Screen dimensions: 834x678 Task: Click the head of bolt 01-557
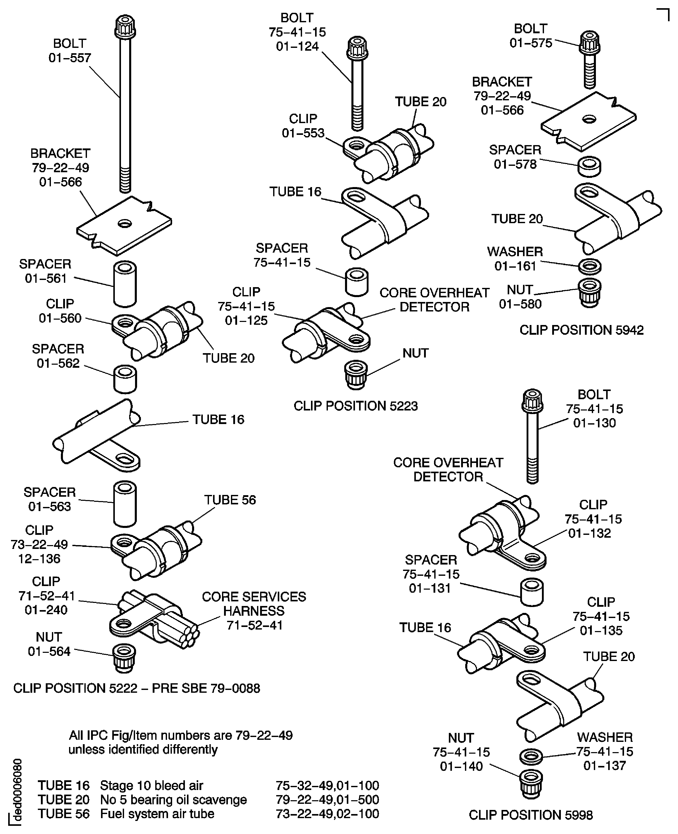coord(125,27)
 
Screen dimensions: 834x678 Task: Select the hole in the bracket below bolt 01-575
coord(589,118)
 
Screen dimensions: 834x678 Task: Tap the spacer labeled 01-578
coord(589,167)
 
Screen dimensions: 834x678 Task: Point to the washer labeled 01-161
coord(589,267)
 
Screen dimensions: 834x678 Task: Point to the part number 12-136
coord(39,558)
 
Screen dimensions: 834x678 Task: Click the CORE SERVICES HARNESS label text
coord(254,603)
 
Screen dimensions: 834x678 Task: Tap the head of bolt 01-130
coord(532,400)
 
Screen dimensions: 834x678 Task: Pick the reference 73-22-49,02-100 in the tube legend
coord(327,814)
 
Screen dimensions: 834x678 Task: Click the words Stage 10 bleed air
coord(152,786)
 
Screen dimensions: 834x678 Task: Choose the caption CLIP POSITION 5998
coord(530,815)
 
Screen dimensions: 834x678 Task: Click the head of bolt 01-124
coord(357,48)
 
